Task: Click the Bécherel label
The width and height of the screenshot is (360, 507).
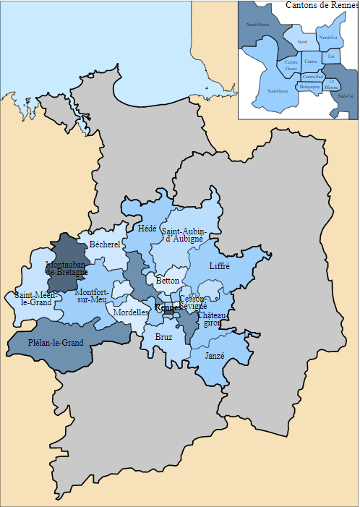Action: (x=104, y=244)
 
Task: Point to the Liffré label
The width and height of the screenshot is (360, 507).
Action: (x=219, y=266)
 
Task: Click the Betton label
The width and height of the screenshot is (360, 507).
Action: (x=167, y=280)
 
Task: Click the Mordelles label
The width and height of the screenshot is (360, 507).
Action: (x=132, y=312)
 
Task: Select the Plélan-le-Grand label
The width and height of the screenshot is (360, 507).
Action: (x=56, y=342)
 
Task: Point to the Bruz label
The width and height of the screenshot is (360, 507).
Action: (x=164, y=336)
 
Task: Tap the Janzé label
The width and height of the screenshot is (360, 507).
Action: (x=215, y=356)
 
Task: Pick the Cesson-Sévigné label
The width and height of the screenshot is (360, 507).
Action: (x=193, y=302)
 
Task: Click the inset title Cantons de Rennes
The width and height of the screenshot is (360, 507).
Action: (x=322, y=5)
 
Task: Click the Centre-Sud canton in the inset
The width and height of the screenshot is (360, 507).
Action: (x=313, y=75)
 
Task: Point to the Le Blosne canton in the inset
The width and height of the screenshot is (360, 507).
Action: (x=332, y=84)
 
